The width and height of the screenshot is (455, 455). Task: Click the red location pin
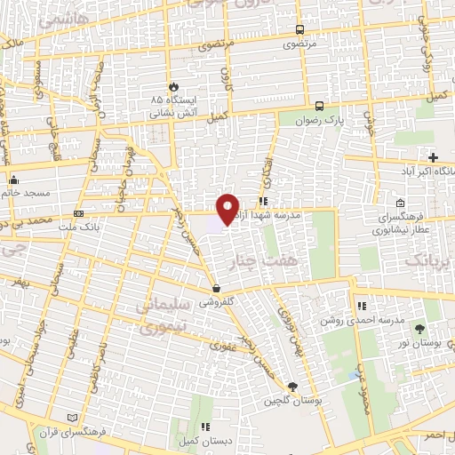pos(228,208)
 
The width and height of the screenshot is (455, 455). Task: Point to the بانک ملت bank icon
pos(79,214)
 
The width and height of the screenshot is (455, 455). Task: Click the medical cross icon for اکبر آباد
pos(432,156)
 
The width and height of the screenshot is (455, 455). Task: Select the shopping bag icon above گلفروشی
pos(217,287)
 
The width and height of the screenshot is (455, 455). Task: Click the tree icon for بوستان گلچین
pos(293,385)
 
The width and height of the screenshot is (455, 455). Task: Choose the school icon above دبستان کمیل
pos(206,426)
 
